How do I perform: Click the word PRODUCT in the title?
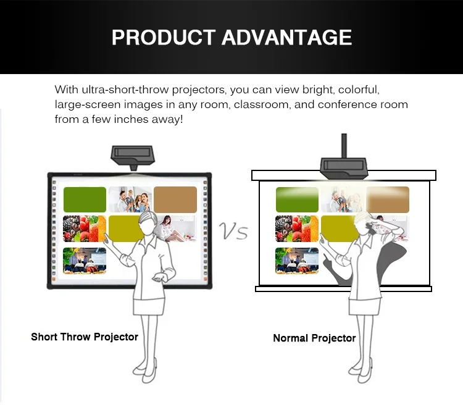164,38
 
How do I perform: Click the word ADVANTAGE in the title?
286,38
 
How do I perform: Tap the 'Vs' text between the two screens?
233,231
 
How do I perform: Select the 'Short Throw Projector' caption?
85,337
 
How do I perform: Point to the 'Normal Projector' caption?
314,338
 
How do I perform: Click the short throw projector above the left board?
133,157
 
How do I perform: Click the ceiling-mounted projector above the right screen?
344,169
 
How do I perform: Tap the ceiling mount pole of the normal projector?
344,146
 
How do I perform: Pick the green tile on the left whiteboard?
85,199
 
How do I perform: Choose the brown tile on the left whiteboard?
175,199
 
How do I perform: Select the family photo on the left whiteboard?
130,199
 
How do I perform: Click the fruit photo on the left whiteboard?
85,228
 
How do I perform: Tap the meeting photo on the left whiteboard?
85,261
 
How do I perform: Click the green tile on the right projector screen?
297,199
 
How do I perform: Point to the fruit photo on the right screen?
297,228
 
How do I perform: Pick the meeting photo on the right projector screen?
297,261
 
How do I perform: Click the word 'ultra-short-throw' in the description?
125,90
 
